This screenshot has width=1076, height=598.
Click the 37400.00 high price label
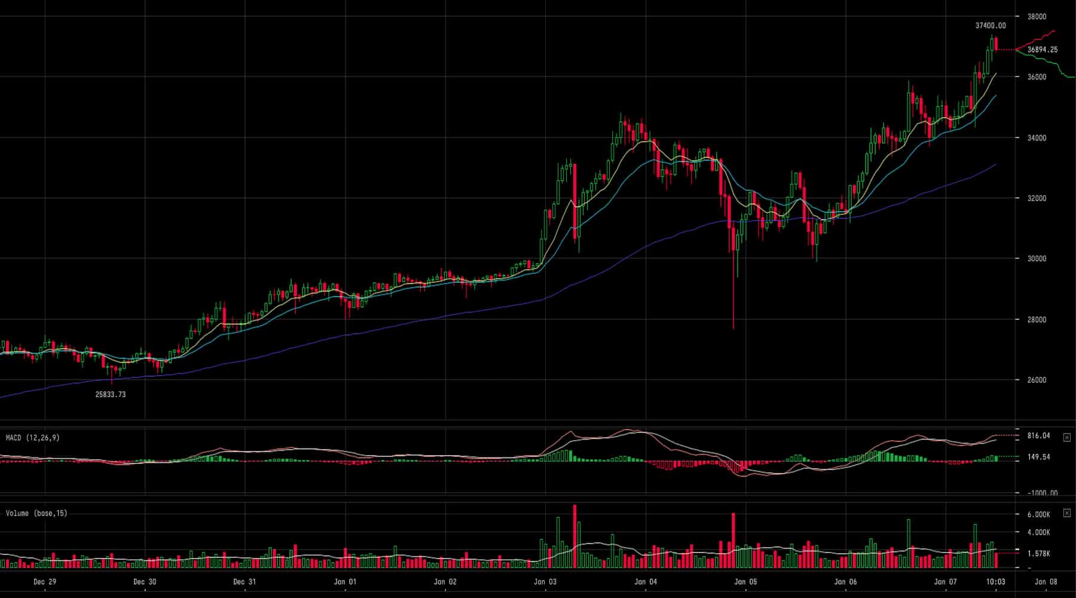[x=991, y=26]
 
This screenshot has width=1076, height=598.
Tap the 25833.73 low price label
[x=111, y=395]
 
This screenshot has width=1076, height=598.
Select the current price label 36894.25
[x=1043, y=50]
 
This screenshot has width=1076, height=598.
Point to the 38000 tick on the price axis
[x=1037, y=17]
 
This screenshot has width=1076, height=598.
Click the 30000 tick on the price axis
[x=1037, y=259]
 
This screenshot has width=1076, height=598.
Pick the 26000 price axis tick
[x=1037, y=380]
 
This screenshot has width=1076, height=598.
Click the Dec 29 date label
[x=45, y=582]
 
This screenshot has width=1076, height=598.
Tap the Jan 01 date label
[x=345, y=582]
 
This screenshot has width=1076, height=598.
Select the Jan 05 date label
[x=745, y=582]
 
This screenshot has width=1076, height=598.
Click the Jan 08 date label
[x=1046, y=582]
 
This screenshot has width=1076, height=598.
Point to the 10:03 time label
[x=995, y=582]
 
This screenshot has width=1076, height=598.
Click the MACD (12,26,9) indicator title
[x=33, y=438]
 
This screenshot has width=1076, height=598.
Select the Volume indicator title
[x=36, y=514]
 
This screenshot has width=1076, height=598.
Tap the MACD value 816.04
[x=1038, y=436]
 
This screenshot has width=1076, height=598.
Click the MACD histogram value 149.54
[x=1038, y=457]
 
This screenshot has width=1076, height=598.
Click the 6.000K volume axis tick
[x=1038, y=515]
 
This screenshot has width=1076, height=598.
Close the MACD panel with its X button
[x=1067, y=438]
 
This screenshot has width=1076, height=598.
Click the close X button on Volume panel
[x=1067, y=513]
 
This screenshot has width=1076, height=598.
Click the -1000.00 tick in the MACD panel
[x=1043, y=493]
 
